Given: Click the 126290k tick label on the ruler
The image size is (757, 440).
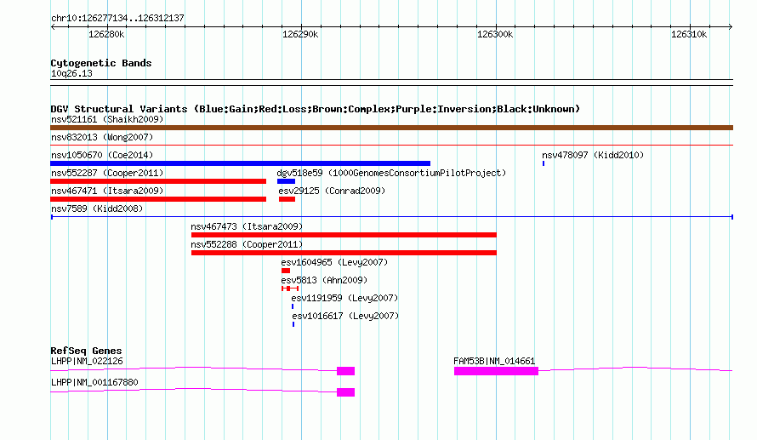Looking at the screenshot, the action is pos(300,34).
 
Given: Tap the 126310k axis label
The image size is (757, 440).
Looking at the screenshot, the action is pos(689,34).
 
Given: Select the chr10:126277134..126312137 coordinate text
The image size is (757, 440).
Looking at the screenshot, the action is pos(117,18).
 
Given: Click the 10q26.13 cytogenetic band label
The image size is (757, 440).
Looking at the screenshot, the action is pos(71,73).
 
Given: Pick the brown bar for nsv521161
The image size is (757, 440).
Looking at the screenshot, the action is pos(391,128).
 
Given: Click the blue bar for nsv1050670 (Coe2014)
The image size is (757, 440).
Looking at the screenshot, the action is pos(240,163).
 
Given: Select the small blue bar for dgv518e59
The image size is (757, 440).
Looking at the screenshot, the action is pos(287,181).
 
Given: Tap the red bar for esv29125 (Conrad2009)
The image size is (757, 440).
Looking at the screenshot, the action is pos(287,199).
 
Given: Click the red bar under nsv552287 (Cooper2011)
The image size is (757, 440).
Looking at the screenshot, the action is pos(158,181).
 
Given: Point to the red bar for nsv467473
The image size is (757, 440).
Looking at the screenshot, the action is pos(344,235).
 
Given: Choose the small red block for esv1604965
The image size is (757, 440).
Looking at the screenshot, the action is pos(286,271).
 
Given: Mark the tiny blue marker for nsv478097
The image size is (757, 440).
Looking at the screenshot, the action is pos(544,163).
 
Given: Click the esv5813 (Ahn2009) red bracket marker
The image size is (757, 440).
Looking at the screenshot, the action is pos(290,289).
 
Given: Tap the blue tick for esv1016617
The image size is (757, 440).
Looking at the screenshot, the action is pos(293,324).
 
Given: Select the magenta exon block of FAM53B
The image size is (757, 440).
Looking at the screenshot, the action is pos(496,371).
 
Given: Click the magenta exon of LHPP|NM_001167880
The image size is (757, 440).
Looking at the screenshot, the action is pos(345,392).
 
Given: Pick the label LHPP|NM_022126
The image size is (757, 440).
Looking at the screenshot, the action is pos(87,361).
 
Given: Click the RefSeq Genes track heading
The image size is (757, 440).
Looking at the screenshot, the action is pos(86,351).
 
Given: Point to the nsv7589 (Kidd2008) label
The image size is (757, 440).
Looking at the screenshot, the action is pos(97,209).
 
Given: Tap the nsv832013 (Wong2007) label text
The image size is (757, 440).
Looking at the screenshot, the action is pos(102,137).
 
